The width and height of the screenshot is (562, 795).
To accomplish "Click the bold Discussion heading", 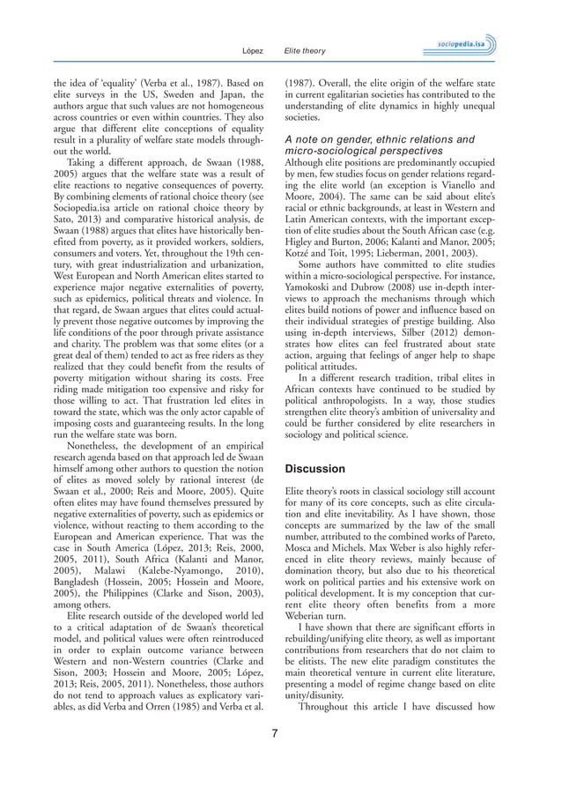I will point(315,469).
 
